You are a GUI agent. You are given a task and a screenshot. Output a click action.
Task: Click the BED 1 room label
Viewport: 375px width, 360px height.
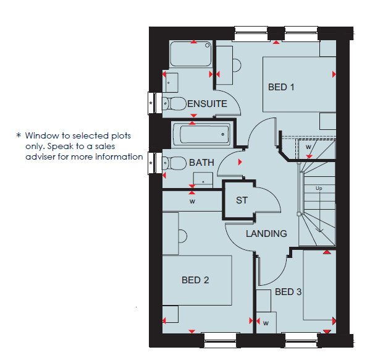281,87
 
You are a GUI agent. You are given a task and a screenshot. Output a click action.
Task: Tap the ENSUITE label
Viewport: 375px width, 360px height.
207,104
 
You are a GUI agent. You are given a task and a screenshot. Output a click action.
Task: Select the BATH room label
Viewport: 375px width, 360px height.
201,163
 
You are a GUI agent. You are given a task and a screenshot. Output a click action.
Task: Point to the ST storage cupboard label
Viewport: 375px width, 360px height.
242,200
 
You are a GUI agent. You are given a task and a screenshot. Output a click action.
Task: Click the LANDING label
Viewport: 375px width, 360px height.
266,234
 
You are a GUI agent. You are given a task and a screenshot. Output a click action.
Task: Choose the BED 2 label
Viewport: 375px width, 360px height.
195,280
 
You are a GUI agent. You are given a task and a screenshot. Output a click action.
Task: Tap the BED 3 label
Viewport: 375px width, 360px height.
288,292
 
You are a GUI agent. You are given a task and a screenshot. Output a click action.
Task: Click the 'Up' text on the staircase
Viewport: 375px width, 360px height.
319,188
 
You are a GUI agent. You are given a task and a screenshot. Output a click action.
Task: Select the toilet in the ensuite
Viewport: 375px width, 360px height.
174,103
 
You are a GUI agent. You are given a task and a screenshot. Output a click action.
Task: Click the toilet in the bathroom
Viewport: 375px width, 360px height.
174,163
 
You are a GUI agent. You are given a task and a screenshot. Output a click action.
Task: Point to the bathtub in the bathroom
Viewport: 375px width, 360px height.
203,134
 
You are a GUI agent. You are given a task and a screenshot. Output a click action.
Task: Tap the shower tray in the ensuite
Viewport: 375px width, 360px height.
191,54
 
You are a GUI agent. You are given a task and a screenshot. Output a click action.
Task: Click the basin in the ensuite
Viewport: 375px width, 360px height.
172,83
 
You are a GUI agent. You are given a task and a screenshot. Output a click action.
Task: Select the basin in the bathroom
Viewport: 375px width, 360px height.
203,180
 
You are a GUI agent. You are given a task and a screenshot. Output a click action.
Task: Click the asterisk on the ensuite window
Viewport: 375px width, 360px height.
151,103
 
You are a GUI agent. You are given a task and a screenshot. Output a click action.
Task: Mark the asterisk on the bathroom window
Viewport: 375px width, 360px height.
151,163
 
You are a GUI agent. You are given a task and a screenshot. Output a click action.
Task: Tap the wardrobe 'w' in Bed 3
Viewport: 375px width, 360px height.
266,323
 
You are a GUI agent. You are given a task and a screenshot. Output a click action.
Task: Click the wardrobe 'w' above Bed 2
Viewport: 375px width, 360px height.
192,201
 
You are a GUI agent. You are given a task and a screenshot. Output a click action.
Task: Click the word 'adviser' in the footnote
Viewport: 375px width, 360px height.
41,156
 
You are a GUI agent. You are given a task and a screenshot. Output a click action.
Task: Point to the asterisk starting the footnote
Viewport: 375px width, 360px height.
19,135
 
